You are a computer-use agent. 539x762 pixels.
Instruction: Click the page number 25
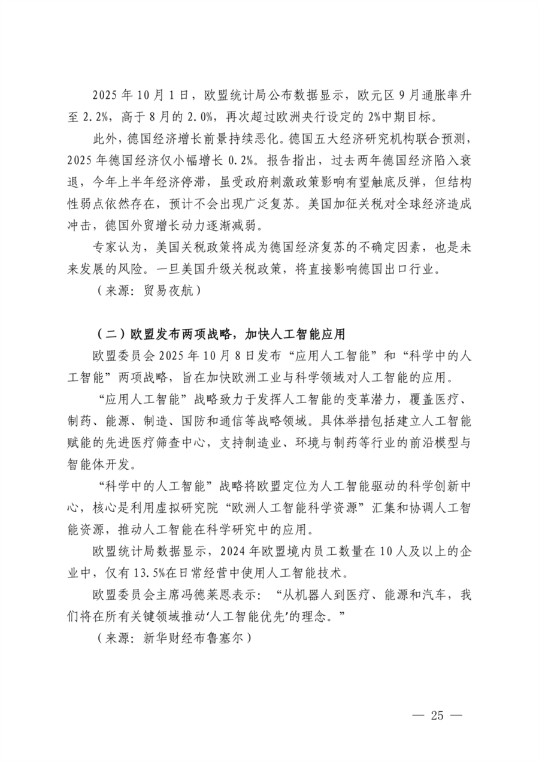click(435, 716)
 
